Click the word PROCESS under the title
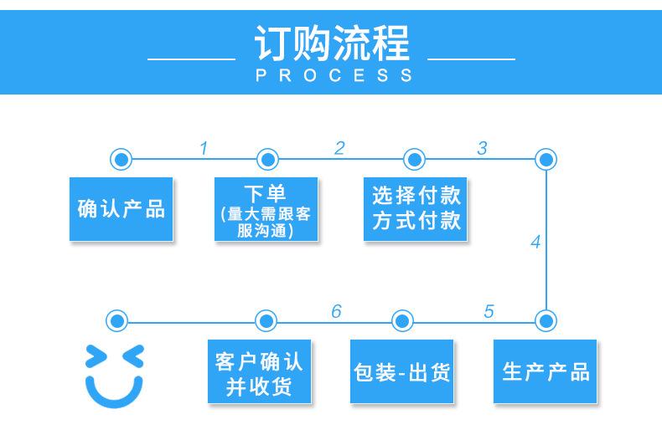[331, 75]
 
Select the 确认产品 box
[121, 209]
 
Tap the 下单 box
[265, 209]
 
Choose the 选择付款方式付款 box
[415, 209]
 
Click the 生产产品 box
[545, 371]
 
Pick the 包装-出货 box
[401, 371]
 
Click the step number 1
[203, 149]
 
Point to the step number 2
[339, 148]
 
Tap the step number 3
[482, 148]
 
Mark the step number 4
[535, 243]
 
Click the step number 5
[489, 312]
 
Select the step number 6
[336, 312]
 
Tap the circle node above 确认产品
[121, 159]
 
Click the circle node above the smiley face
[117, 320]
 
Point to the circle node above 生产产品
[546, 320]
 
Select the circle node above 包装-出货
[402, 320]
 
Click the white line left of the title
[190, 60]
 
